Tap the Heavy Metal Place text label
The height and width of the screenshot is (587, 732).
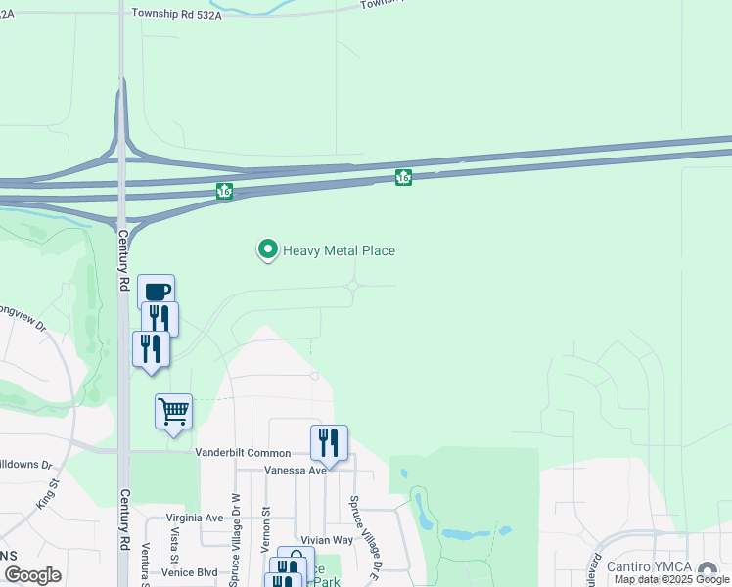click(339, 251)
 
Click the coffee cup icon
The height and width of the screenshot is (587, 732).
click(157, 291)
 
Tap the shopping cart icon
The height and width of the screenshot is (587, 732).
click(173, 411)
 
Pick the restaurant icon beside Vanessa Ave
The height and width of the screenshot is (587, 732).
click(330, 442)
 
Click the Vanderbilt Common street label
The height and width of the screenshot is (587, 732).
click(243, 453)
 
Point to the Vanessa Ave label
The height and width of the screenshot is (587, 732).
click(295, 471)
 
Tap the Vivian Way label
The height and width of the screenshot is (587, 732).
click(327, 540)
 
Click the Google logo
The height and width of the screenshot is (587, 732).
click(32, 575)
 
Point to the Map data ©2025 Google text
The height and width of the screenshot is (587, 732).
click(670, 579)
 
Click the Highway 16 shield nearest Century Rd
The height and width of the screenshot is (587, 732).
click(225, 192)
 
